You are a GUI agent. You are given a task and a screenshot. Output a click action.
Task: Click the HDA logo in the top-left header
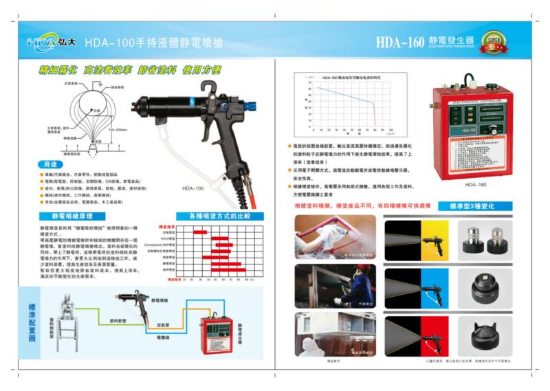coord(47,41)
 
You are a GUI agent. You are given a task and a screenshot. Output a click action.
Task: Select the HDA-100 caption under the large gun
coord(193,188)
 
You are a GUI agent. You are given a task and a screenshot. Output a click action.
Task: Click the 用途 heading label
coord(48,166)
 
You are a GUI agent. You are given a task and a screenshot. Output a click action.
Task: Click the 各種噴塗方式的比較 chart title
coord(214,216)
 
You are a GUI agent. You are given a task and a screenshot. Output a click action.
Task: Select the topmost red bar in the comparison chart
coord(200,232)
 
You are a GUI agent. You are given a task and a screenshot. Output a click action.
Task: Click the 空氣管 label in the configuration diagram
coord(162,324)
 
